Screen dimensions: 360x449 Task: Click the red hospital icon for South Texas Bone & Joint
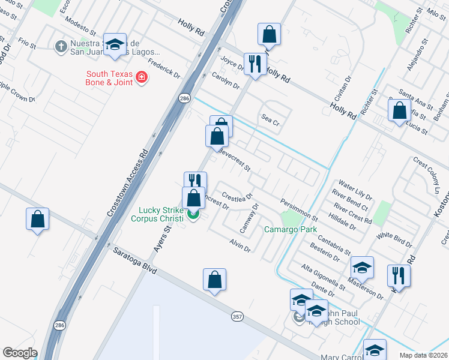141,77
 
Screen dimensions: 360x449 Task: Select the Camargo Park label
290,229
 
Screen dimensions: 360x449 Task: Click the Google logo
20,353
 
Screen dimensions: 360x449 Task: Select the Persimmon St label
298,209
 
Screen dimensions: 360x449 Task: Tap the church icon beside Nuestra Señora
61,47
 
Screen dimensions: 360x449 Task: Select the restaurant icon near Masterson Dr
399,276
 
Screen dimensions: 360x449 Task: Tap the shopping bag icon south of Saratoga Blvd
214,280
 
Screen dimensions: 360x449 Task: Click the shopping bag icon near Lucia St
399,110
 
